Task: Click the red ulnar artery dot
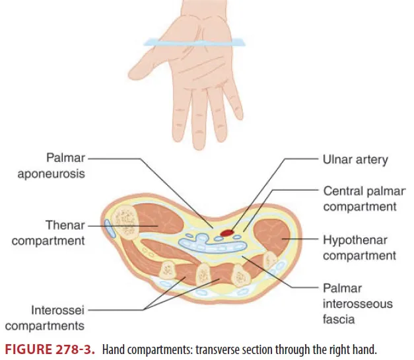227,232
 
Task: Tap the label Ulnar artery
355,159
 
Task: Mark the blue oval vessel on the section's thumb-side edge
108,228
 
